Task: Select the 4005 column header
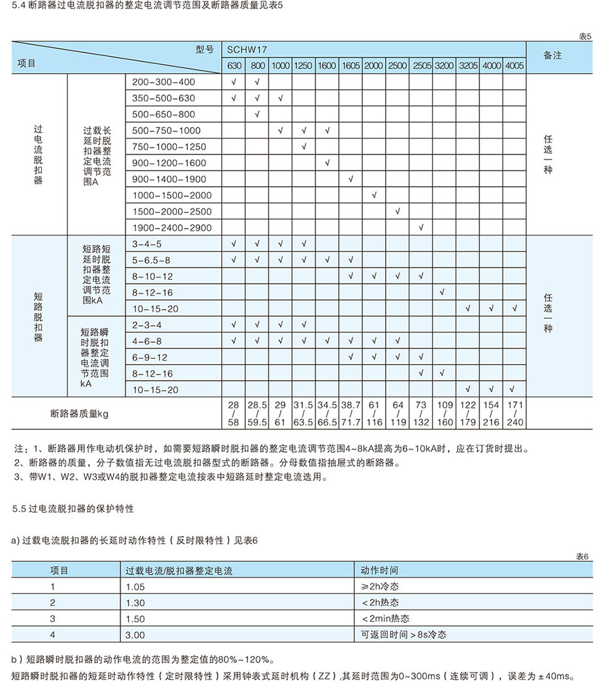tap(514, 66)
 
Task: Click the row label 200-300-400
tap(163, 82)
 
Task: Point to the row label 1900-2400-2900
tap(172, 228)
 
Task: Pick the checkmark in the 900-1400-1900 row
tap(351, 179)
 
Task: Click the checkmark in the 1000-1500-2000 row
tap(374, 195)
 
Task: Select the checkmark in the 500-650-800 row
tap(257, 114)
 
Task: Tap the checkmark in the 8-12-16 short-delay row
tap(443, 292)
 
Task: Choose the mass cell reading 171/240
tap(514, 414)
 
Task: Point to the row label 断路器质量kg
tap(79, 414)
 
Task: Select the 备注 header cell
tap(552, 56)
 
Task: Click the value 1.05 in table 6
tap(135, 586)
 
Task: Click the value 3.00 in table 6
tap(135, 634)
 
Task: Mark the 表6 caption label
tap(582, 556)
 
